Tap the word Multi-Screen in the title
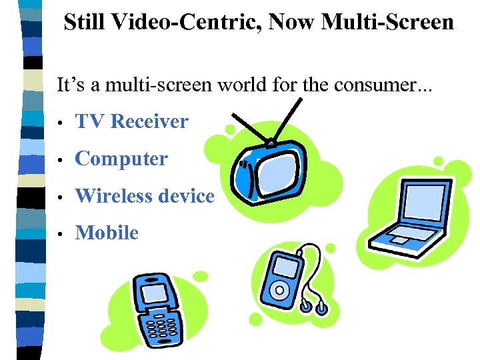[x=388, y=21]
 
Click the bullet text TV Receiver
[x=132, y=121]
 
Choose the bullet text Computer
[x=121, y=159]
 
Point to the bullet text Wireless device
[x=145, y=196]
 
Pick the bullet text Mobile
[x=107, y=233]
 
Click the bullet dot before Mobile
[x=61, y=234]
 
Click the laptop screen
[x=418, y=203]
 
